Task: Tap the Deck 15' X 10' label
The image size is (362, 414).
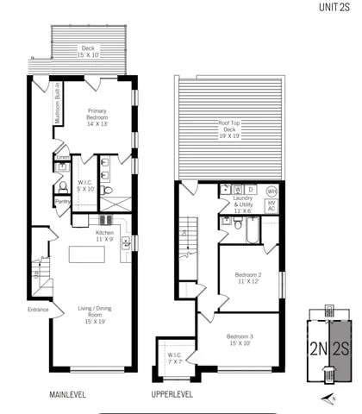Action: pyautogui.click(x=87, y=52)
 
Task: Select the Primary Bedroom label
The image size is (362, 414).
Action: pyautogui.click(x=103, y=116)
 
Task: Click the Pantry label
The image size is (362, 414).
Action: pyautogui.click(x=62, y=202)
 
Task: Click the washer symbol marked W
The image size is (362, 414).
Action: pyautogui.click(x=237, y=189)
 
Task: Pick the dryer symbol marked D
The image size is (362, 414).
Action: pyautogui.click(x=250, y=189)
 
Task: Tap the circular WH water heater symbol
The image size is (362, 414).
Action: pyautogui.click(x=271, y=191)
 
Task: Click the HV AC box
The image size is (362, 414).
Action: pyautogui.click(x=271, y=206)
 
